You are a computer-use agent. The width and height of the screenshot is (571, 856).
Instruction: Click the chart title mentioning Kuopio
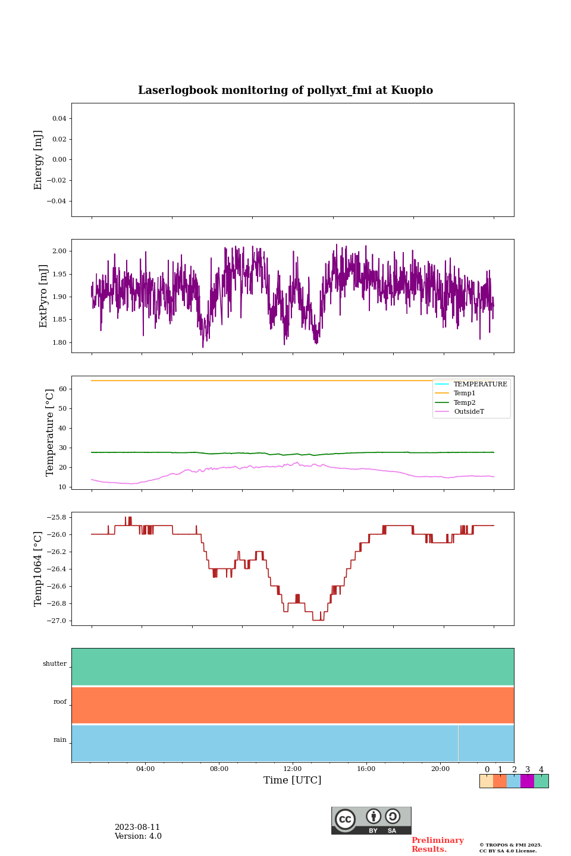tap(285, 90)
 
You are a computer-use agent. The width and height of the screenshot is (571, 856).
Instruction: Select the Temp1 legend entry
tap(465, 394)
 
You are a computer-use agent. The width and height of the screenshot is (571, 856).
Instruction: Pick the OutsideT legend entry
tap(469, 412)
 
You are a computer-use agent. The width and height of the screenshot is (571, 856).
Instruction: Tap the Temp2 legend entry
tap(465, 402)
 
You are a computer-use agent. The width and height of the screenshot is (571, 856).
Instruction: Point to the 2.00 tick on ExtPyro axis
tap(59, 251)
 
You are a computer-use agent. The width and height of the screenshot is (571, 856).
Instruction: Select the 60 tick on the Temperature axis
tap(62, 389)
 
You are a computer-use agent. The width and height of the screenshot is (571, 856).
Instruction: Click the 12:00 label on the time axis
tap(293, 769)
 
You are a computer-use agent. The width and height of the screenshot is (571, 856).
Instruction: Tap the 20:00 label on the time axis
tap(440, 769)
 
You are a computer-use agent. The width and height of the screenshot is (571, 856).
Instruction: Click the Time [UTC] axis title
tap(293, 781)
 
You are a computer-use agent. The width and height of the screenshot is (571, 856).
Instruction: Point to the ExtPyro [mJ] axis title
tap(43, 296)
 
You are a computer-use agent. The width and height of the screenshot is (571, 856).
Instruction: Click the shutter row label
tap(55, 664)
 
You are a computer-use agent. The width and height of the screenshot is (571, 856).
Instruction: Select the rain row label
tap(60, 740)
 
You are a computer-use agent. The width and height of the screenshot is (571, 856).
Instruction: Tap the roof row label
tap(60, 702)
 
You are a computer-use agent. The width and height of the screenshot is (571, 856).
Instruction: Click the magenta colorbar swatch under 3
tap(527, 781)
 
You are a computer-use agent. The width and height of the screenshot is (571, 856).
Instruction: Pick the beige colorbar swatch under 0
tap(486, 781)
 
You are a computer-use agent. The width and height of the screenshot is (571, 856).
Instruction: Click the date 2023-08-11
tap(137, 827)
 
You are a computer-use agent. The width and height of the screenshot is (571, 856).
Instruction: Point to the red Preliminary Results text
tap(437, 845)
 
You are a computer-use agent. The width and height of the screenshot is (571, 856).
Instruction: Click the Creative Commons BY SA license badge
tap(371, 820)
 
